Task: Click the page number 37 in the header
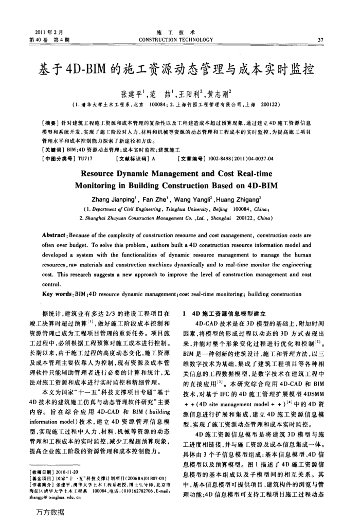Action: pyautogui.click(x=321, y=40)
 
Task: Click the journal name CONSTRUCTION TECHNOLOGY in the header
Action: pyautogui.click(x=179, y=40)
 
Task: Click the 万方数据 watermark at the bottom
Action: pyautogui.click(x=50, y=512)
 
